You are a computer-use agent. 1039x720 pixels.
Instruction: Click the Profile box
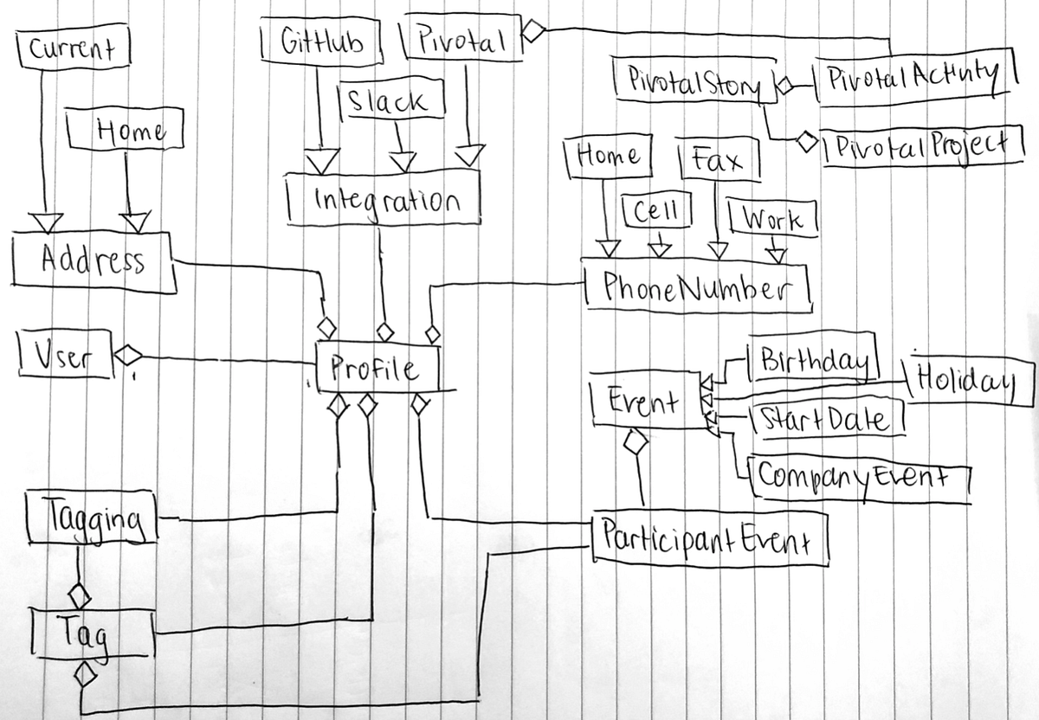click(x=378, y=367)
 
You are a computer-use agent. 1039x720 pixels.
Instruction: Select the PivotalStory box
click(x=693, y=82)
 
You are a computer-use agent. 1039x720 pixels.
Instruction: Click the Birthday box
click(x=815, y=360)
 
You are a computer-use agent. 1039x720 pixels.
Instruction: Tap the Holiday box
click(x=958, y=378)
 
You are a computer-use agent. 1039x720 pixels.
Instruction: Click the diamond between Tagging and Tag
click(x=80, y=595)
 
